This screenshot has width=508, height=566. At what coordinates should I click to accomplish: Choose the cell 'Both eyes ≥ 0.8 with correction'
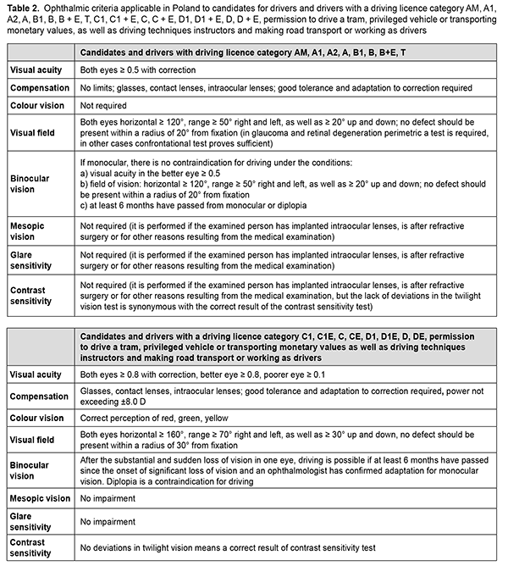[136, 373]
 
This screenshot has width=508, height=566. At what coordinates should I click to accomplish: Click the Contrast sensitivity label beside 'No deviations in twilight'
[32, 553]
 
